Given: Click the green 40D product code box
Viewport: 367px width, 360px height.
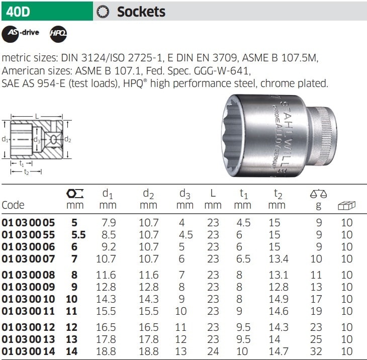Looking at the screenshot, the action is pyautogui.click(x=47, y=11).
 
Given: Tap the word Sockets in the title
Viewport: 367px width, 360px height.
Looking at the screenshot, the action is pyautogui.click(x=141, y=12).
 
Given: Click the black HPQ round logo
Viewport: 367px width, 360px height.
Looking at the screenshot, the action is pyautogui.click(x=58, y=34).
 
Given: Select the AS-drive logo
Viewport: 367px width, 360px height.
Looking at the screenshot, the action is pyautogui.click(x=21, y=34).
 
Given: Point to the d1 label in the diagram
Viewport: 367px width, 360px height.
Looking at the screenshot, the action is pyautogui.click(x=5, y=139).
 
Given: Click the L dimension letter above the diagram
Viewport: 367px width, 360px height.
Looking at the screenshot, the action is pyautogui.click(x=37, y=116).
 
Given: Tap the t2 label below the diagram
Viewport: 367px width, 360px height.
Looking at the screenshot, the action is pyautogui.click(x=26, y=172).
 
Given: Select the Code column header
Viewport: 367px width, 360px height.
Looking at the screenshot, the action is pyautogui.click(x=13, y=205).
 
